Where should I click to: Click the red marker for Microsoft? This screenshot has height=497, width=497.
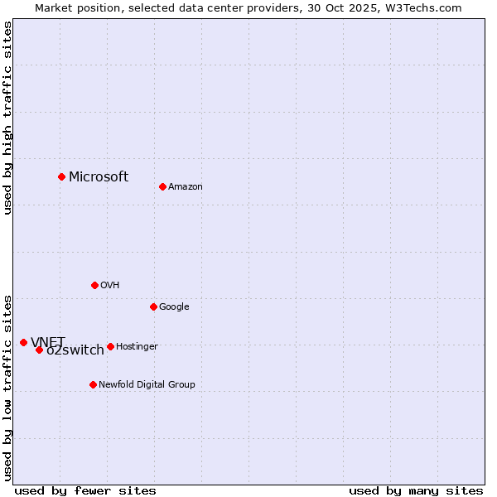pos(61,176)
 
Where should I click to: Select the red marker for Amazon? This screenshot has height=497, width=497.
pos(162,186)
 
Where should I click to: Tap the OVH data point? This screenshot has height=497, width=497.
pos(94,285)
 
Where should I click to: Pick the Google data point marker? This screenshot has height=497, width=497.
pos(153,306)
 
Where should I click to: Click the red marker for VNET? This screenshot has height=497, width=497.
pos(23,342)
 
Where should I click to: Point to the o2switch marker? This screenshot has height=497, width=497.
pos(39,350)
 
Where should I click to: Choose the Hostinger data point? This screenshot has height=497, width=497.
pos(110,346)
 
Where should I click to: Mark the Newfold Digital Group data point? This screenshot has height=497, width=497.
pos(93,384)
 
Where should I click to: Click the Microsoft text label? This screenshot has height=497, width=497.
pos(99,176)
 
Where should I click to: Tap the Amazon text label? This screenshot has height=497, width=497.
pos(186,187)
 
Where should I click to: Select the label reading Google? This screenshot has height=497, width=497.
pos(174,307)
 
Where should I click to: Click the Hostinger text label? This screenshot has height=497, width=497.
pos(137,347)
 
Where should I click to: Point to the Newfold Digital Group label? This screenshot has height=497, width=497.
pos(147,385)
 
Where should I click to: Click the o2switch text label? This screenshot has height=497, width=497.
pos(75,350)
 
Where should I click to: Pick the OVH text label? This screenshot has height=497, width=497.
pos(110,286)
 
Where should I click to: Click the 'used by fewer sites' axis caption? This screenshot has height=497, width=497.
pos(85,490)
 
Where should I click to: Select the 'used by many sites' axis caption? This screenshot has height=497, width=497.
pos(416,490)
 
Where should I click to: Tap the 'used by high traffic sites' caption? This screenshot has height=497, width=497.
pos(7,118)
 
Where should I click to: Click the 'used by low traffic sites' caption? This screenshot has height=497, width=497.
pos(7,388)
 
